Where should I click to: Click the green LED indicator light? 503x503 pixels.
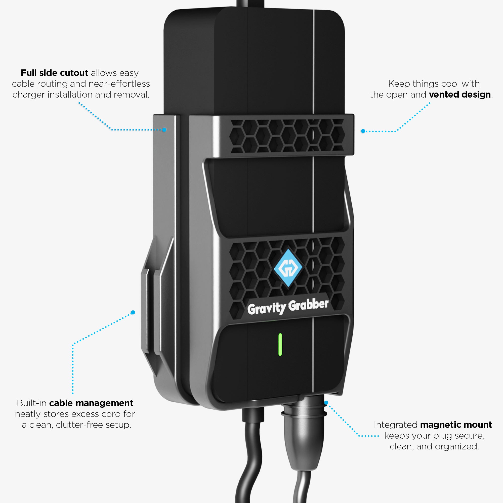[280, 344]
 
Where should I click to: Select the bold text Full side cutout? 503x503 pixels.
[54, 73]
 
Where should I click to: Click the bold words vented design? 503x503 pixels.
[460, 95]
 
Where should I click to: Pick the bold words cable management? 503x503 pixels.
[91, 403]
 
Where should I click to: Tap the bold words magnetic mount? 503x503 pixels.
[456, 425]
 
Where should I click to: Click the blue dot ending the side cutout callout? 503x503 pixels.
[164, 130]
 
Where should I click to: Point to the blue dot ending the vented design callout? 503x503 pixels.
[363, 131]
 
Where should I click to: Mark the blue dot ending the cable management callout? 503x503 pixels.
[133, 312]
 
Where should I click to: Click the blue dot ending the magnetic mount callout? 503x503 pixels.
[326, 403]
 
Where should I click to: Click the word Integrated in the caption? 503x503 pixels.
[395, 425]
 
